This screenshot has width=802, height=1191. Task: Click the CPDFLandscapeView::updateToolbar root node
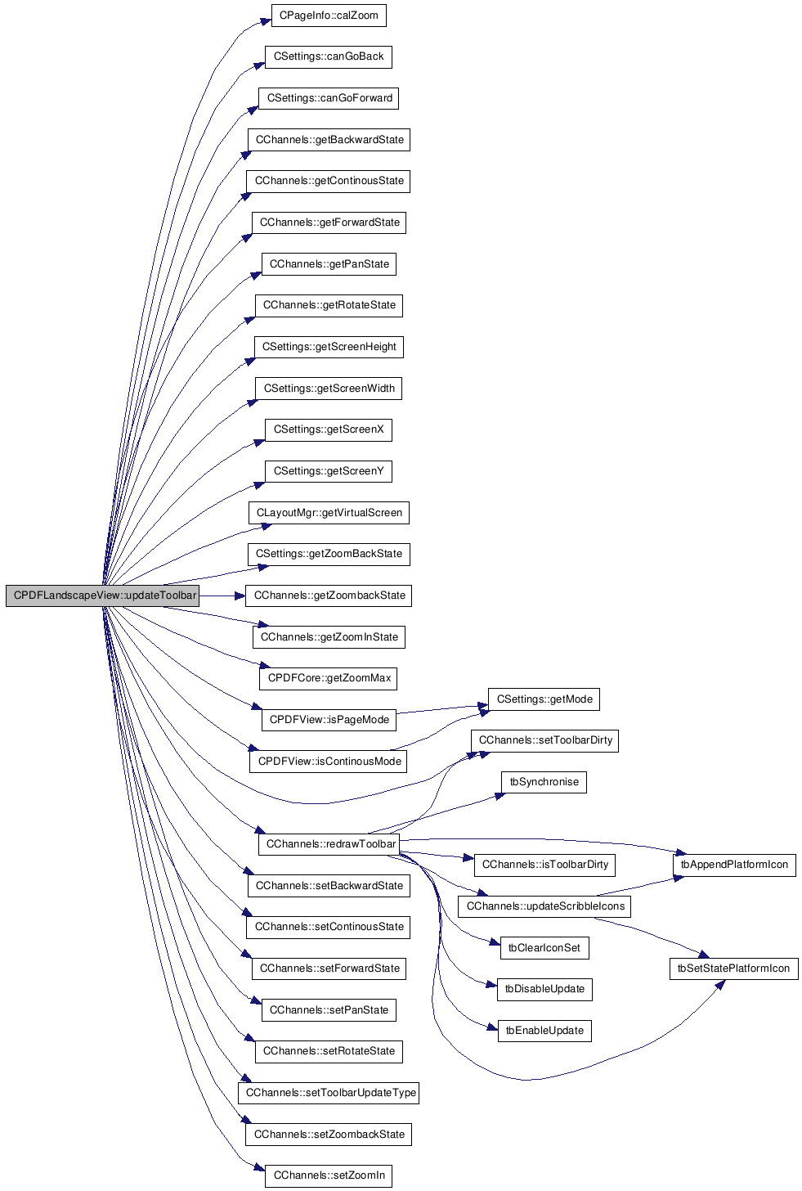click(102, 595)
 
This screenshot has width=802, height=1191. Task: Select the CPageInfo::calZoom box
click(329, 16)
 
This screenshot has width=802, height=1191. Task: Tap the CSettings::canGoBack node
click(329, 57)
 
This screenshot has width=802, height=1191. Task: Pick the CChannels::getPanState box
click(329, 264)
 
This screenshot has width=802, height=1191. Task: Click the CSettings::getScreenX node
click(329, 429)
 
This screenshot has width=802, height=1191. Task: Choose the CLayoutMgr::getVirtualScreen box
click(329, 513)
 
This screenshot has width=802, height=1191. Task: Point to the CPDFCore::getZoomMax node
click(329, 678)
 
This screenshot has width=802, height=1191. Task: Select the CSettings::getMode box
click(544, 699)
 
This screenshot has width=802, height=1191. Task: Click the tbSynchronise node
click(544, 782)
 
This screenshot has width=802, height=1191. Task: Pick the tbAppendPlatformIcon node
click(734, 865)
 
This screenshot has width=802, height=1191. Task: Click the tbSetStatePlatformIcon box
click(733, 969)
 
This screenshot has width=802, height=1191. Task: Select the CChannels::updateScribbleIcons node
click(544, 906)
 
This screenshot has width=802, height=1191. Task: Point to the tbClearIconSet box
click(544, 947)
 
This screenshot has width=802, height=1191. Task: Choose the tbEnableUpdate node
click(544, 1031)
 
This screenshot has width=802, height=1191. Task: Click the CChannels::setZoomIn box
click(329, 1175)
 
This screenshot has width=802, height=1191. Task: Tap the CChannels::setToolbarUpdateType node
click(329, 1093)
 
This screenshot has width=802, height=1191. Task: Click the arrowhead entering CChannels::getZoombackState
click(240, 596)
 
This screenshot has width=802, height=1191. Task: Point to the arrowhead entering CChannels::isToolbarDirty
click(468, 857)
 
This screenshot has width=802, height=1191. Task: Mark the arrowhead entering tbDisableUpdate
click(492, 986)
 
